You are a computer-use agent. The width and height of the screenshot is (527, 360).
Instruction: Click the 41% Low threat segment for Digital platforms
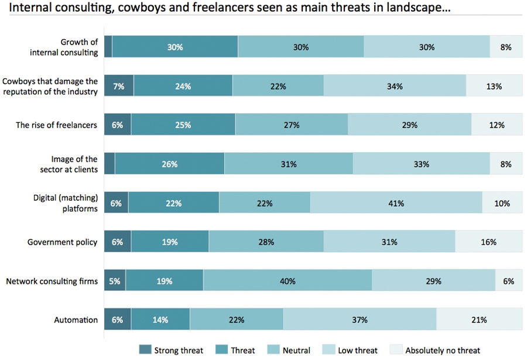(x=396, y=203)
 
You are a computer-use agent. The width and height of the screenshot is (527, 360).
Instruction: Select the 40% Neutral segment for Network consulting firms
(x=287, y=281)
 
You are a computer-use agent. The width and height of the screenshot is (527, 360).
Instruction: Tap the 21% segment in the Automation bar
(x=479, y=320)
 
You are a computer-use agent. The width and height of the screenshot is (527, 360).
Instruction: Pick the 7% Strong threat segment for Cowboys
(x=119, y=86)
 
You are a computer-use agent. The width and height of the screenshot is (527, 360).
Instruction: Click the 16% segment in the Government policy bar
(x=488, y=242)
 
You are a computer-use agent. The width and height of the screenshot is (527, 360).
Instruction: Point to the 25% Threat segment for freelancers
(x=183, y=125)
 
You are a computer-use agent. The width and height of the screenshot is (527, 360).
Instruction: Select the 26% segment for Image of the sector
(x=169, y=164)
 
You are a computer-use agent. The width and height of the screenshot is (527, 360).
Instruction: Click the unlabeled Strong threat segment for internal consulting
(x=108, y=47)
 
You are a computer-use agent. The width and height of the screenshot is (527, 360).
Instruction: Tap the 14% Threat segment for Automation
(x=160, y=320)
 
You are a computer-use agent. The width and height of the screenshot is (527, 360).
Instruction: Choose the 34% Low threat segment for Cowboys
(x=394, y=86)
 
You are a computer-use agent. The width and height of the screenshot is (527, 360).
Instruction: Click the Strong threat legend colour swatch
(x=145, y=350)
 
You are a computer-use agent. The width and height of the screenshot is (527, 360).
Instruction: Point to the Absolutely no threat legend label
(x=443, y=350)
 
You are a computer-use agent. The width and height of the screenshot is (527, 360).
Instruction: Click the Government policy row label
(x=62, y=242)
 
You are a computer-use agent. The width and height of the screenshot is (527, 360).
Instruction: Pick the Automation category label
(x=76, y=320)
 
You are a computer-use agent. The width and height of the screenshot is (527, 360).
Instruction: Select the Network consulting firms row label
(x=52, y=281)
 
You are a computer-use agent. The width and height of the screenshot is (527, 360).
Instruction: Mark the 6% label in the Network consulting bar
(x=508, y=281)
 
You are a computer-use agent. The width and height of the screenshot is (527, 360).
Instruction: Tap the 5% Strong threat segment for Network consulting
(x=115, y=281)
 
